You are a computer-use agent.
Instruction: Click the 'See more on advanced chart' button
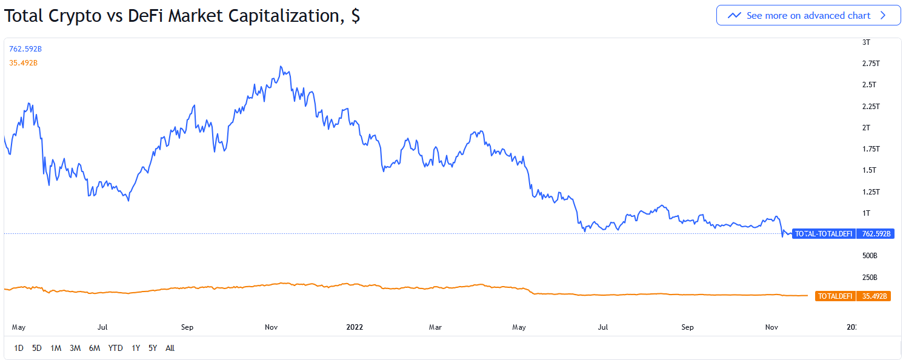[x=808, y=16]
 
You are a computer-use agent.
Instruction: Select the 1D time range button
[x=19, y=348]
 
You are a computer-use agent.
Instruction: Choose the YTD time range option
[x=115, y=348]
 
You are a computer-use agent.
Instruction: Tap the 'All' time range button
[x=170, y=348]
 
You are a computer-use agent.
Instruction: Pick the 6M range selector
[x=95, y=348]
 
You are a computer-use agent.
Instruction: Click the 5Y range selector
[x=153, y=348]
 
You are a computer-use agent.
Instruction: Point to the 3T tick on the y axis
[x=866, y=42]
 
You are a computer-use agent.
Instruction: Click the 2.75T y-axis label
[x=871, y=64]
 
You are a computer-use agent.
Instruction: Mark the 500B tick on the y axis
[x=870, y=256]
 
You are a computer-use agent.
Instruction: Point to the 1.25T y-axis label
[x=871, y=192]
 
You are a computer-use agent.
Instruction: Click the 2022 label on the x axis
[x=355, y=327]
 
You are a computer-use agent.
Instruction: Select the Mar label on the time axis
[x=435, y=327]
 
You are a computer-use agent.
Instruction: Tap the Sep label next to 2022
[x=687, y=327]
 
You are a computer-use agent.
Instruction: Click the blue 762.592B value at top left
[x=25, y=49]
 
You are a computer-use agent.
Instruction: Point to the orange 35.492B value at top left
[x=24, y=63]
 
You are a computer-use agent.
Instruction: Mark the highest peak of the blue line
[x=281, y=66]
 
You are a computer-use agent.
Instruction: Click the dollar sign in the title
[x=355, y=16]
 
